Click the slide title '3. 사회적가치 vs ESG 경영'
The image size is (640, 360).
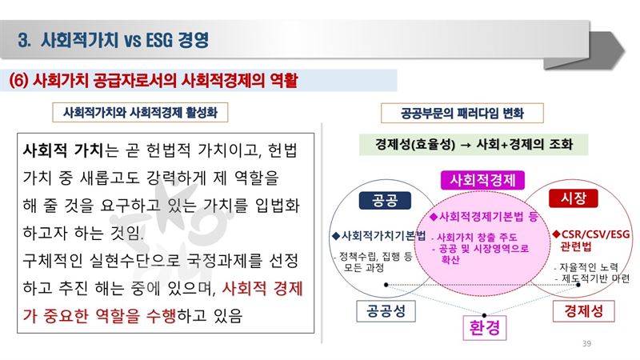(x=113, y=40)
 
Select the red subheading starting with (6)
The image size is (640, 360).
(x=153, y=81)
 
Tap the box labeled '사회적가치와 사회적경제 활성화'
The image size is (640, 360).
(x=140, y=112)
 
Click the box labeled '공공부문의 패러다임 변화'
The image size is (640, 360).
(x=462, y=113)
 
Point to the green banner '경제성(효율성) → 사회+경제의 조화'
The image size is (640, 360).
(x=474, y=144)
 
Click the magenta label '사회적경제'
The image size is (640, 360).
(x=482, y=180)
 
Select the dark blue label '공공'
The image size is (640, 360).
(x=385, y=201)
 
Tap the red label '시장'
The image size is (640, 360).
(x=574, y=198)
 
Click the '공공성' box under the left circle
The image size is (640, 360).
(x=386, y=311)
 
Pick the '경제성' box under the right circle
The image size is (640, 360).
(x=584, y=311)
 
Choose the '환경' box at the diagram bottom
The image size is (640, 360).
(x=485, y=328)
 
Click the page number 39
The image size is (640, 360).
(x=586, y=344)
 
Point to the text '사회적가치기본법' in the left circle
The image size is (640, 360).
(x=383, y=235)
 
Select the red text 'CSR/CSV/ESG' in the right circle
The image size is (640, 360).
(x=595, y=234)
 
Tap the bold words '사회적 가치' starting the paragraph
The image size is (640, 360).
(x=63, y=150)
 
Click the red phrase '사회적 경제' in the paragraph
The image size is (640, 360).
(x=262, y=289)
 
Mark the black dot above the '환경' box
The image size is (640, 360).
(x=484, y=315)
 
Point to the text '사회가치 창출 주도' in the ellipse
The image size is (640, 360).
(x=477, y=237)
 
